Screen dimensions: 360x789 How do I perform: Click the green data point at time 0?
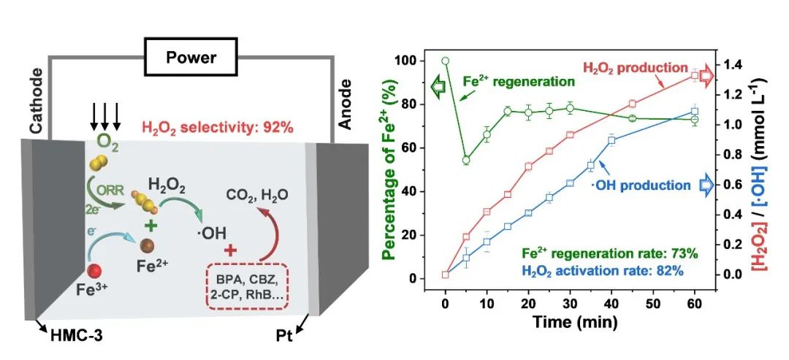(445, 61)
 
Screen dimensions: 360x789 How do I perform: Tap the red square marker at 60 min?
(695, 75)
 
